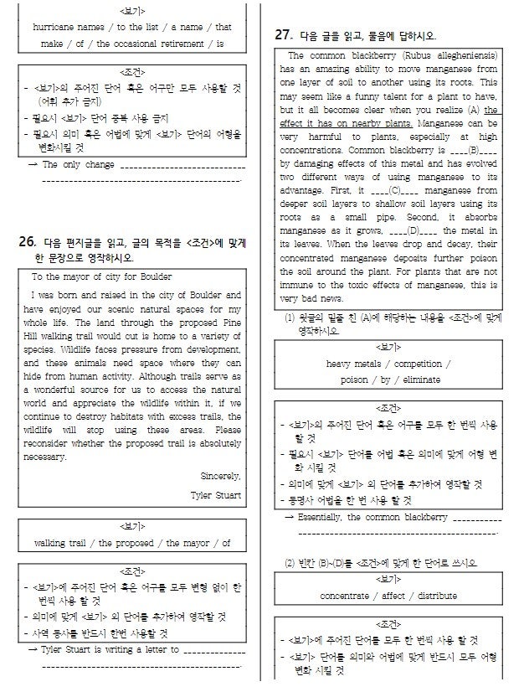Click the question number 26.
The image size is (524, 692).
tap(26, 243)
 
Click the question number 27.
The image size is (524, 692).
tap(284, 35)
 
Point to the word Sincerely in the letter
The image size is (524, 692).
tap(221, 476)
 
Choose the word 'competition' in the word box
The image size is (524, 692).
tap(422, 364)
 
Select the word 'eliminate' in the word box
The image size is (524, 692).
tap(418, 380)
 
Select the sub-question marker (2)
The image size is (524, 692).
tap(290, 560)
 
